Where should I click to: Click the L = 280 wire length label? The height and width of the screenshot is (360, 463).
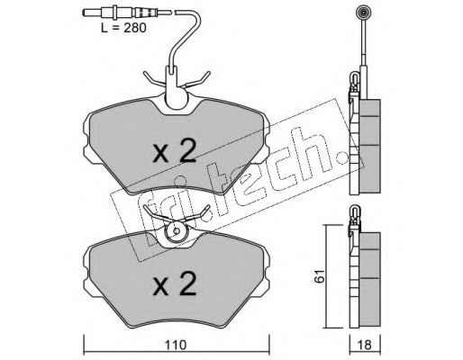pyautogui.click(x=123, y=28)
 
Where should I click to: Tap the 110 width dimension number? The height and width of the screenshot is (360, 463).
pyautogui.click(x=176, y=346)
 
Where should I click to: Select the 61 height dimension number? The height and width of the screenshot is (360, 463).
pyautogui.click(x=320, y=276)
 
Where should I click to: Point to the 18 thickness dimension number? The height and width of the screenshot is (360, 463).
pyautogui.click(x=365, y=346)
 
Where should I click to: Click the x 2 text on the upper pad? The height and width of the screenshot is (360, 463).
pyautogui.click(x=175, y=151)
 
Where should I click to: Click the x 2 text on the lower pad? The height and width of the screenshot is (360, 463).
pyautogui.click(x=175, y=283)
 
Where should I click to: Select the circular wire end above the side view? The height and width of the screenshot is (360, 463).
pyautogui.click(x=363, y=13)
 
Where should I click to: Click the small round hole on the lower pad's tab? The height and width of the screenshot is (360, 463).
pyautogui.click(x=177, y=231)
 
